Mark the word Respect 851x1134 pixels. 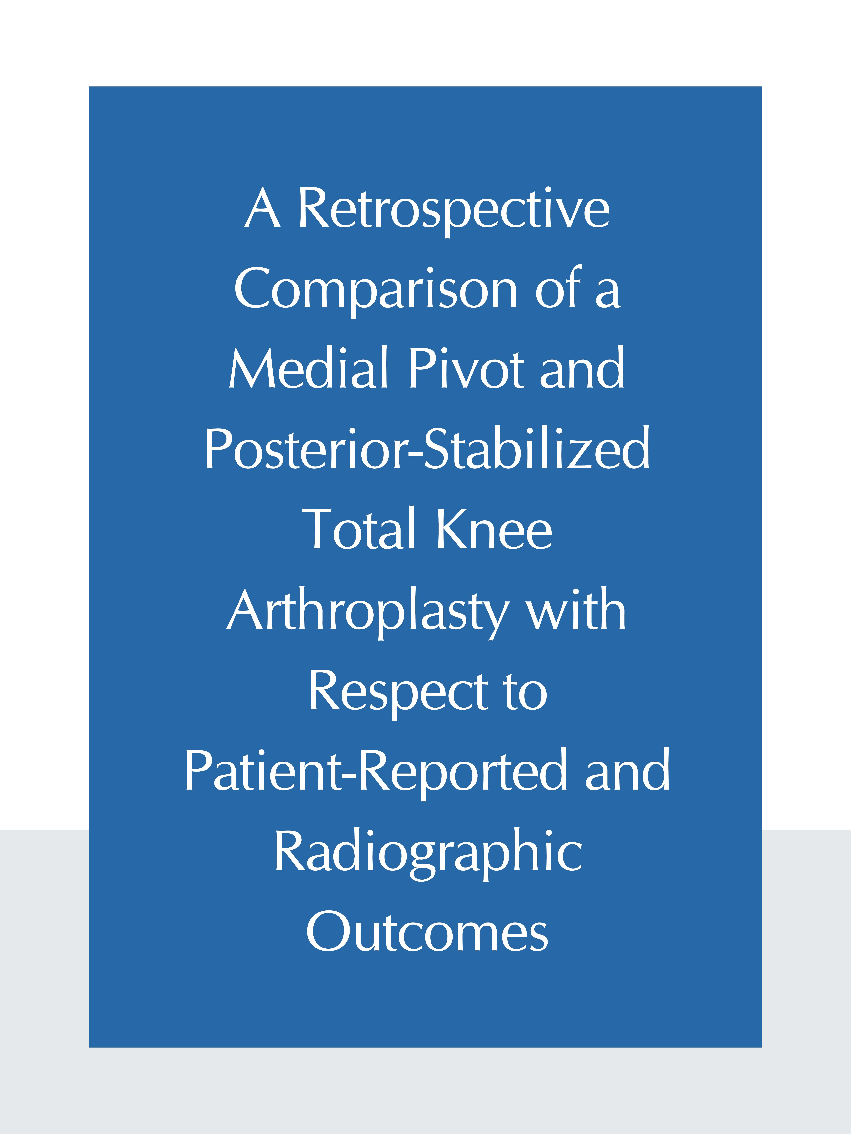[x=399, y=693]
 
